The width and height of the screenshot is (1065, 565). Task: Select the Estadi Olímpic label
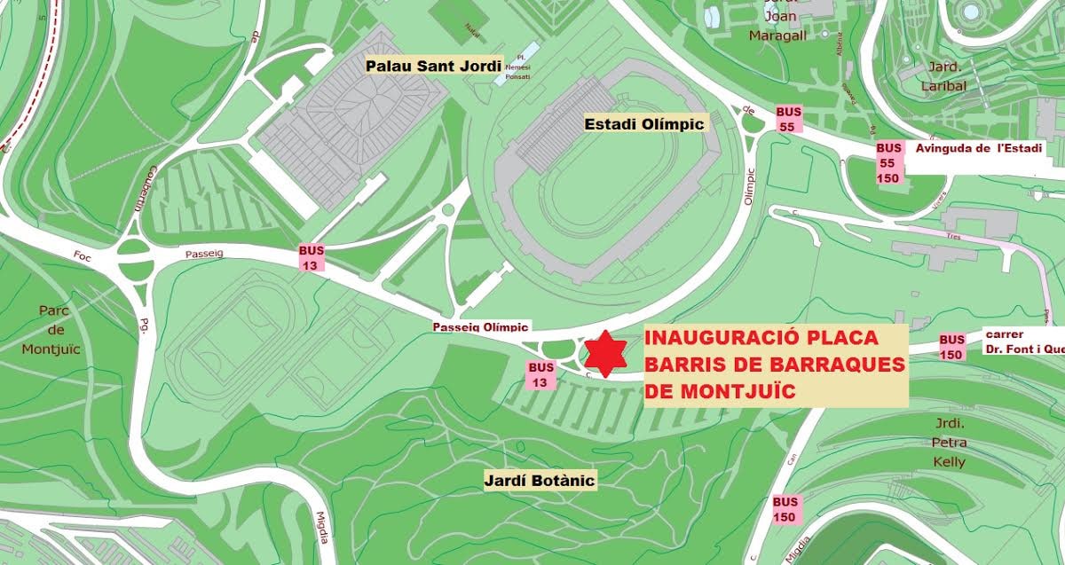click(644, 124)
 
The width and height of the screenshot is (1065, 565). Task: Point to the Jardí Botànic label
click(540, 480)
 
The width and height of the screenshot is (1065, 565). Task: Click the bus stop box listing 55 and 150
click(888, 163)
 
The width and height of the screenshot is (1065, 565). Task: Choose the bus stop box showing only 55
click(787, 119)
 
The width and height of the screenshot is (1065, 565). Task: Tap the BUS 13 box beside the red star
click(540, 374)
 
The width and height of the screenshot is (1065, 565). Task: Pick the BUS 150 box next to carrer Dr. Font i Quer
click(951, 347)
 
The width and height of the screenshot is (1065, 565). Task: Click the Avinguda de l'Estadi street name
click(978, 148)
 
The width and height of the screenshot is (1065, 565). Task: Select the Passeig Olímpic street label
click(480, 326)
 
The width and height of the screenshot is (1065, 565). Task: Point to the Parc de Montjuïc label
click(59, 329)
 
